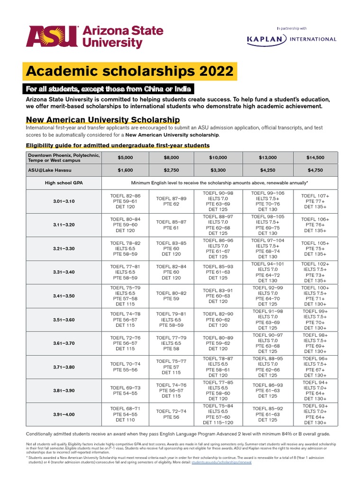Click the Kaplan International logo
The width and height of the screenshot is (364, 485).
coord(291,39)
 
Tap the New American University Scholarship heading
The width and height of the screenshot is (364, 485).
coord(103,119)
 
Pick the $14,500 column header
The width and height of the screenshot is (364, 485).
coord(315,158)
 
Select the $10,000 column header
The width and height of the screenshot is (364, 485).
coord(218,158)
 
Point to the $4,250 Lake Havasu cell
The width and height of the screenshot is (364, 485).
coord(268,170)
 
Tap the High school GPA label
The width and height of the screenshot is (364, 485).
coord(64,182)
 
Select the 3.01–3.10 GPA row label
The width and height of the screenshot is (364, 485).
coord(64,201)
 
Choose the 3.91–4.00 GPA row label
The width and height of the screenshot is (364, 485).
coord(64,414)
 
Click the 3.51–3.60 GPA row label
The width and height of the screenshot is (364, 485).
coord(64,320)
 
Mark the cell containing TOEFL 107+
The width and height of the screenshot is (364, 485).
coord(315,201)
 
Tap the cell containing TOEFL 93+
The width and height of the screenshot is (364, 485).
coord(315,414)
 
